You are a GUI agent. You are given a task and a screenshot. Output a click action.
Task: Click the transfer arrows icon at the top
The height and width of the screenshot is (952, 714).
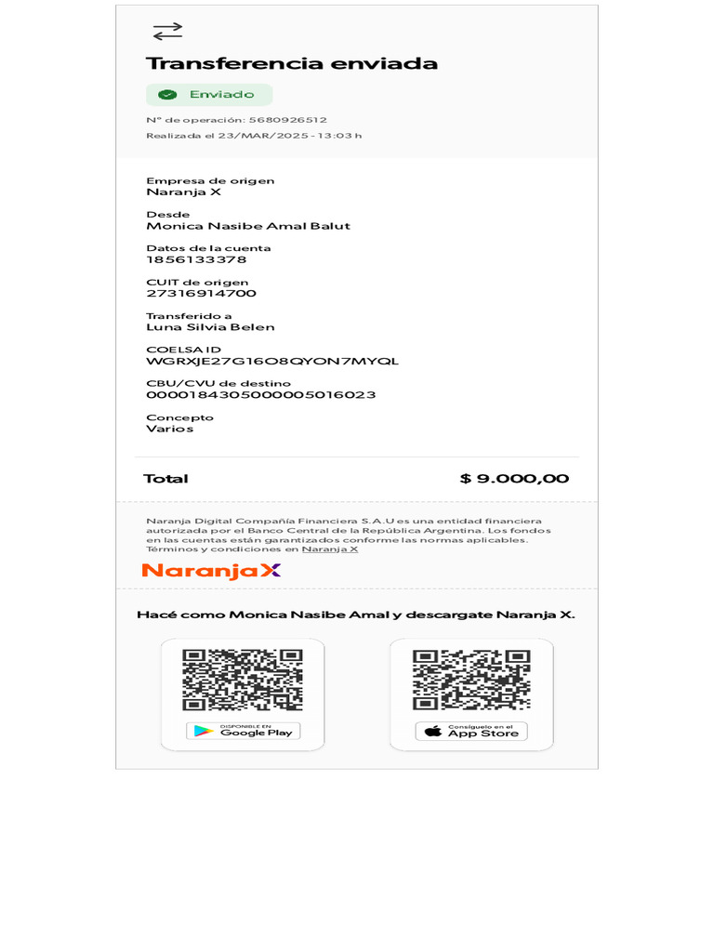167,32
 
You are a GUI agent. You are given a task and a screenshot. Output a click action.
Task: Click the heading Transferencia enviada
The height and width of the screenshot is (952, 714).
291,63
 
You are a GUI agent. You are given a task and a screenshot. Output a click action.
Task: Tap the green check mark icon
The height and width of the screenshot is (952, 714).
167,95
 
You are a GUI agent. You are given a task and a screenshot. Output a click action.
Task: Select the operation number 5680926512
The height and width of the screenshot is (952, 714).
287,120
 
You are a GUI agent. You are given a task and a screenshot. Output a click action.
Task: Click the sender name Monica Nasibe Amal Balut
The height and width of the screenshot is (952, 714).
248,226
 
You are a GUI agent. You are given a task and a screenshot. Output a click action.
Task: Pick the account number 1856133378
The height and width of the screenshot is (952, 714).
183,259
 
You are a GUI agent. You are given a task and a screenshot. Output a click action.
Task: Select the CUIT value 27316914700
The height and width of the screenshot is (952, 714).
201,294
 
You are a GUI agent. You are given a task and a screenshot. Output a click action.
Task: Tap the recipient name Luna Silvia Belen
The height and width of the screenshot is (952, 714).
210,327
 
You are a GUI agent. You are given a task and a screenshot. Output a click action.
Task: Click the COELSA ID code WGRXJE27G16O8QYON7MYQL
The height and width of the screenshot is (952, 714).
272,361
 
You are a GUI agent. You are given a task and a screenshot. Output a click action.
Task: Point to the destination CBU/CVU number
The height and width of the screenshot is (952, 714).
260,395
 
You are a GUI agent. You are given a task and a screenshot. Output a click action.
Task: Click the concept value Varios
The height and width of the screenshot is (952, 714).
169,429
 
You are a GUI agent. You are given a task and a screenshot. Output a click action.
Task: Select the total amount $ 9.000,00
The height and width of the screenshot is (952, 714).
514,479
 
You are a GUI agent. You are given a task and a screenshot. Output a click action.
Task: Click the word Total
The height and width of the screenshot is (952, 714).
165,479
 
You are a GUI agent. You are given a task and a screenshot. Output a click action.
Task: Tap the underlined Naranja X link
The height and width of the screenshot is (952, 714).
330,549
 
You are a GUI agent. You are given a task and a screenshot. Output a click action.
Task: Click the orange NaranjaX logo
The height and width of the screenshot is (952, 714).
211,570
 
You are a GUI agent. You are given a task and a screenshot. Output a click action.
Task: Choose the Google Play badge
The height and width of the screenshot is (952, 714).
243,731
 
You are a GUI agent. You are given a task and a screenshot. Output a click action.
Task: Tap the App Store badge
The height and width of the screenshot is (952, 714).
471,732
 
